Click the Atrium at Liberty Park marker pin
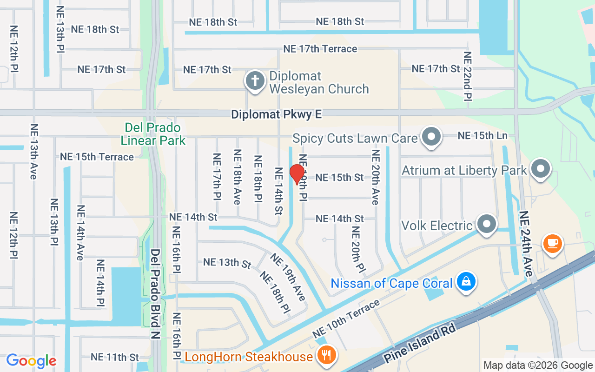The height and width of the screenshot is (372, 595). [541, 169]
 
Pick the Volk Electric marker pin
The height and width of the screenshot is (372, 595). [487, 224]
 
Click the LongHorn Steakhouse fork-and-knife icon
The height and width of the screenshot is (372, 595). [327, 356]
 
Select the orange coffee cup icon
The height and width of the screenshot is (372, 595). [552, 243]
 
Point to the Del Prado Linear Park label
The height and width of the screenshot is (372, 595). [153, 134]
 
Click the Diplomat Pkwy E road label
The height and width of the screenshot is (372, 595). [276, 114]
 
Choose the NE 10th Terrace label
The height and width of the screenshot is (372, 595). [346, 319]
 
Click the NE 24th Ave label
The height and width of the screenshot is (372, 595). [526, 244]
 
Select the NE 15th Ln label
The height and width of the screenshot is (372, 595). [483, 136]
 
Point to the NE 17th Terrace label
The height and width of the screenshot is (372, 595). [320, 49]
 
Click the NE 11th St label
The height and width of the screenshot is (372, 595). [115, 357]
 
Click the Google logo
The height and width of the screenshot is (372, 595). [31, 361]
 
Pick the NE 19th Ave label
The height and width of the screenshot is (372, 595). [288, 277]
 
